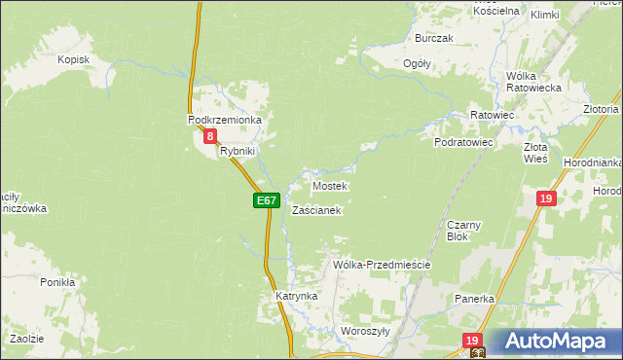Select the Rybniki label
[x=237, y=151]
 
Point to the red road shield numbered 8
[x=210, y=138]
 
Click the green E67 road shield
[x=267, y=200]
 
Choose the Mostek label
[x=329, y=185]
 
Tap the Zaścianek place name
[x=316, y=210]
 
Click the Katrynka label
[x=297, y=296]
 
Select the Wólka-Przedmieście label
[x=382, y=265]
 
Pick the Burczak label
[x=434, y=38]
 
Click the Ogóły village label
[x=417, y=63]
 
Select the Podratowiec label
[x=464, y=142]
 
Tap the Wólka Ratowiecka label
[x=529, y=82]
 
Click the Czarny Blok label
[x=458, y=230]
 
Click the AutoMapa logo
[x=553, y=342]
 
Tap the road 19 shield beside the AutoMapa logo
[x=473, y=340]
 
